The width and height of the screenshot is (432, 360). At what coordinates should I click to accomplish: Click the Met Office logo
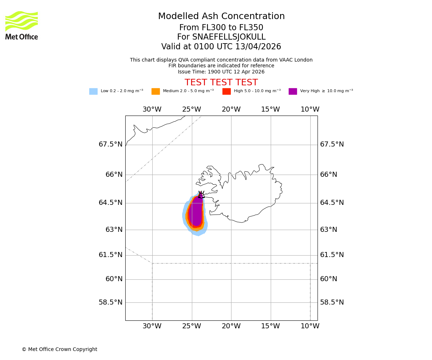click(x=22, y=25)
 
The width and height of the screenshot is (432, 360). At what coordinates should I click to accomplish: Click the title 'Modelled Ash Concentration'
click(x=221, y=17)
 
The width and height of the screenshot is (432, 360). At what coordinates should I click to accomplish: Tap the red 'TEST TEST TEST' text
click(x=221, y=82)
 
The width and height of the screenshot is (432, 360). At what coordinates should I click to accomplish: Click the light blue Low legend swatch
click(x=93, y=91)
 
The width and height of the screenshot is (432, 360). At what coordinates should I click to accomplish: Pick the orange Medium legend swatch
click(x=156, y=91)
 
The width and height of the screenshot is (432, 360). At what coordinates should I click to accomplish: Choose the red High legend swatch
click(x=226, y=91)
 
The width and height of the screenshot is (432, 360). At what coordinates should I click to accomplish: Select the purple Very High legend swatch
click(x=293, y=91)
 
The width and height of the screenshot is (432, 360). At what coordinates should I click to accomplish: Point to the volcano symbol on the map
click(x=201, y=195)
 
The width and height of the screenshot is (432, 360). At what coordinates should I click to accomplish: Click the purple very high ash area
click(x=196, y=212)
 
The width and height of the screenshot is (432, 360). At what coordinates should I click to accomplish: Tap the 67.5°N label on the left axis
click(x=111, y=144)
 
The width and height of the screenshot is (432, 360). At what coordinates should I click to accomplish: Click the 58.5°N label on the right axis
click(x=332, y=302)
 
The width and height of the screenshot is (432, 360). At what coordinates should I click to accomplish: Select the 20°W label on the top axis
click(x=231, y=109)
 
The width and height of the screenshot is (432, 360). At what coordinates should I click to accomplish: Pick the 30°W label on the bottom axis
click(x=152, y=326)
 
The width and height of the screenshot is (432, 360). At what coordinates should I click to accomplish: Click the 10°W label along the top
click(x=310, y=109)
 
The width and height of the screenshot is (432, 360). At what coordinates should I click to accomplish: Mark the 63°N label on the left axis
click(x=114, y=230)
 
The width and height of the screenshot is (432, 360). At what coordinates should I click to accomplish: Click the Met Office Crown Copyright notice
click(x=59, y=350)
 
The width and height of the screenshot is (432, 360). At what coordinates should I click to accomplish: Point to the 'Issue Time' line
click(x=221, y=72)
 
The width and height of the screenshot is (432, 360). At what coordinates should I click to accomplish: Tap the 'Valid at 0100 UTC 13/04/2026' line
click(x=221, y=47)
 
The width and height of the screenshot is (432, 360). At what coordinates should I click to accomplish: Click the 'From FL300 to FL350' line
click(x=221, y=28)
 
